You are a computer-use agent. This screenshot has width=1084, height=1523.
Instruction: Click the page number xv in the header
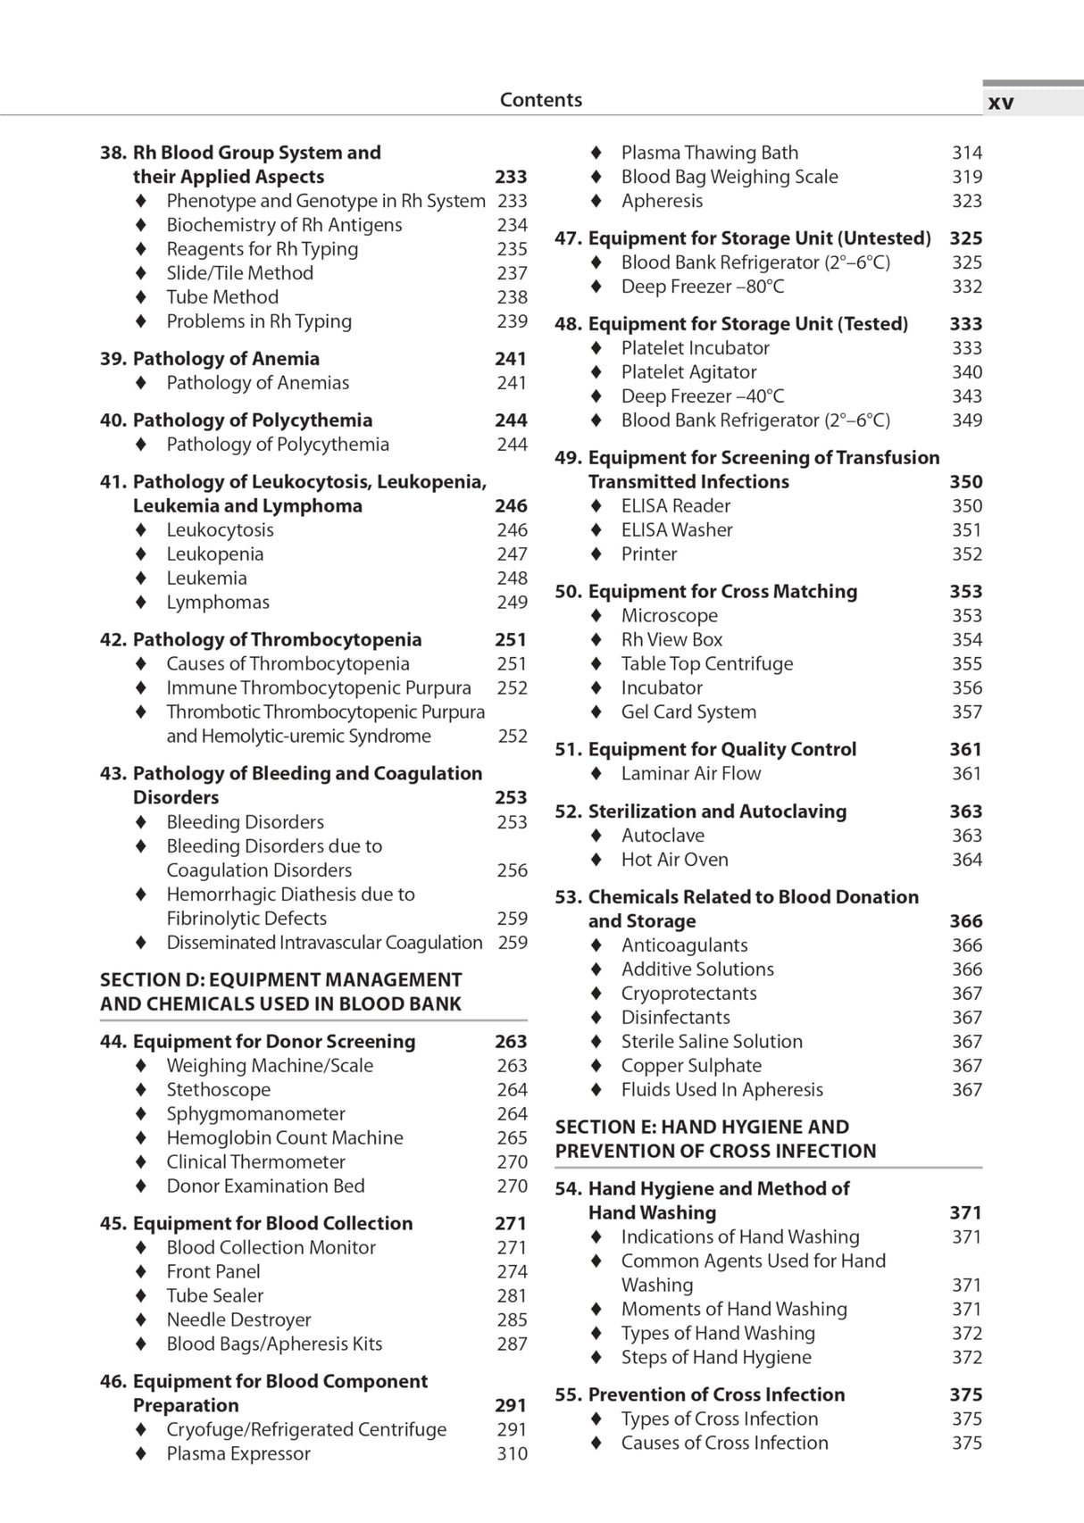(1001, 103)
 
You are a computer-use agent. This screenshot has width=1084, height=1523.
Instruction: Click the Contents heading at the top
(540, 100)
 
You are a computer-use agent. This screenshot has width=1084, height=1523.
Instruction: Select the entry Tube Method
(222, 297)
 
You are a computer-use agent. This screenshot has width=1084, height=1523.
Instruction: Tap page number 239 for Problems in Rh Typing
(512, 321)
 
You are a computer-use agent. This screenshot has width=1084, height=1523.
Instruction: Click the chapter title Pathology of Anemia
(226, 359)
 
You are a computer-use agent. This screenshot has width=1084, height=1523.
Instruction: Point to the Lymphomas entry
(217, 603)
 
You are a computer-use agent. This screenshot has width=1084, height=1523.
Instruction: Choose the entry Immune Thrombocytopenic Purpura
(318, 688)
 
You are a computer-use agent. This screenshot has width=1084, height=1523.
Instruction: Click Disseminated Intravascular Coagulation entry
(324, 943)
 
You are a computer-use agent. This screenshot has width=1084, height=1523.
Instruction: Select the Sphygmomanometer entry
(255, 1114)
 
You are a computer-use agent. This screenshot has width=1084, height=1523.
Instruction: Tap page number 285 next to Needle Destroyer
(512, 1320)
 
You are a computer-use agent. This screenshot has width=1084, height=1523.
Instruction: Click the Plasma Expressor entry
(238, 1454)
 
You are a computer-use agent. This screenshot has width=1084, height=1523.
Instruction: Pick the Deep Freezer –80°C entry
(703, 287)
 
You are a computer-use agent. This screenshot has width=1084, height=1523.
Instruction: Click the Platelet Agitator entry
(688, 372)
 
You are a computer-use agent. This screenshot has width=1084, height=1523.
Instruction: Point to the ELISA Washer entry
(677, 530)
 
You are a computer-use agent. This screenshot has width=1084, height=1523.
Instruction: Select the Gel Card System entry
(688, 712)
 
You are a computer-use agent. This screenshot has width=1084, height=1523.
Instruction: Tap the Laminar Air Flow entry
(691, 774)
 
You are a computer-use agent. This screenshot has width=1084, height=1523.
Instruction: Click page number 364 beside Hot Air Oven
(966, 860)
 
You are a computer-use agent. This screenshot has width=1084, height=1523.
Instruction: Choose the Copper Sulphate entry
(691, 1066)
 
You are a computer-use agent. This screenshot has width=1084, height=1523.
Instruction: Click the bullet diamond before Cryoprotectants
(596, 994)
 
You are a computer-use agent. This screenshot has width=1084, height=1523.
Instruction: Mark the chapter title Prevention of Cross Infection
(716, 1395)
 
